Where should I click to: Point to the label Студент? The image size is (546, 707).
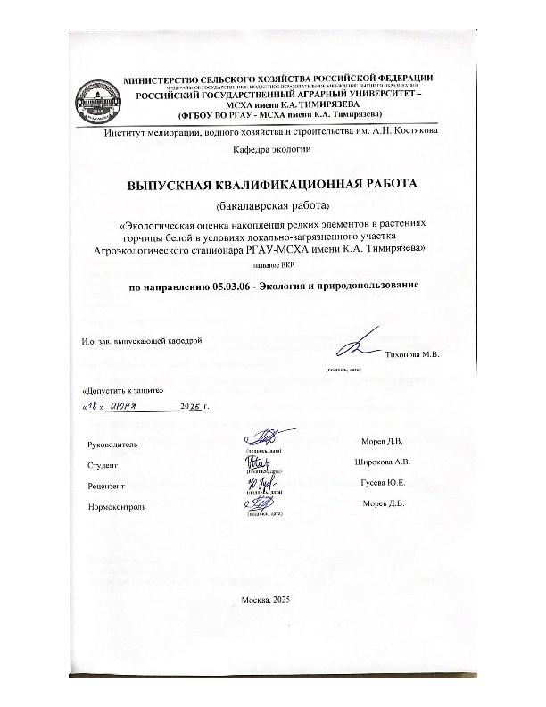(x=103, y=464)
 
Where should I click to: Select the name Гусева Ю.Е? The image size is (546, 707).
(x=383, y=483)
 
